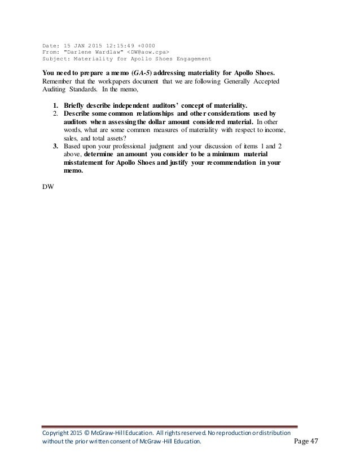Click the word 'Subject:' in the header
click(x=57, y=58)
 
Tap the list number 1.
click(x=55, y=105)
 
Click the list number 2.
click(x=55, y=113)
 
